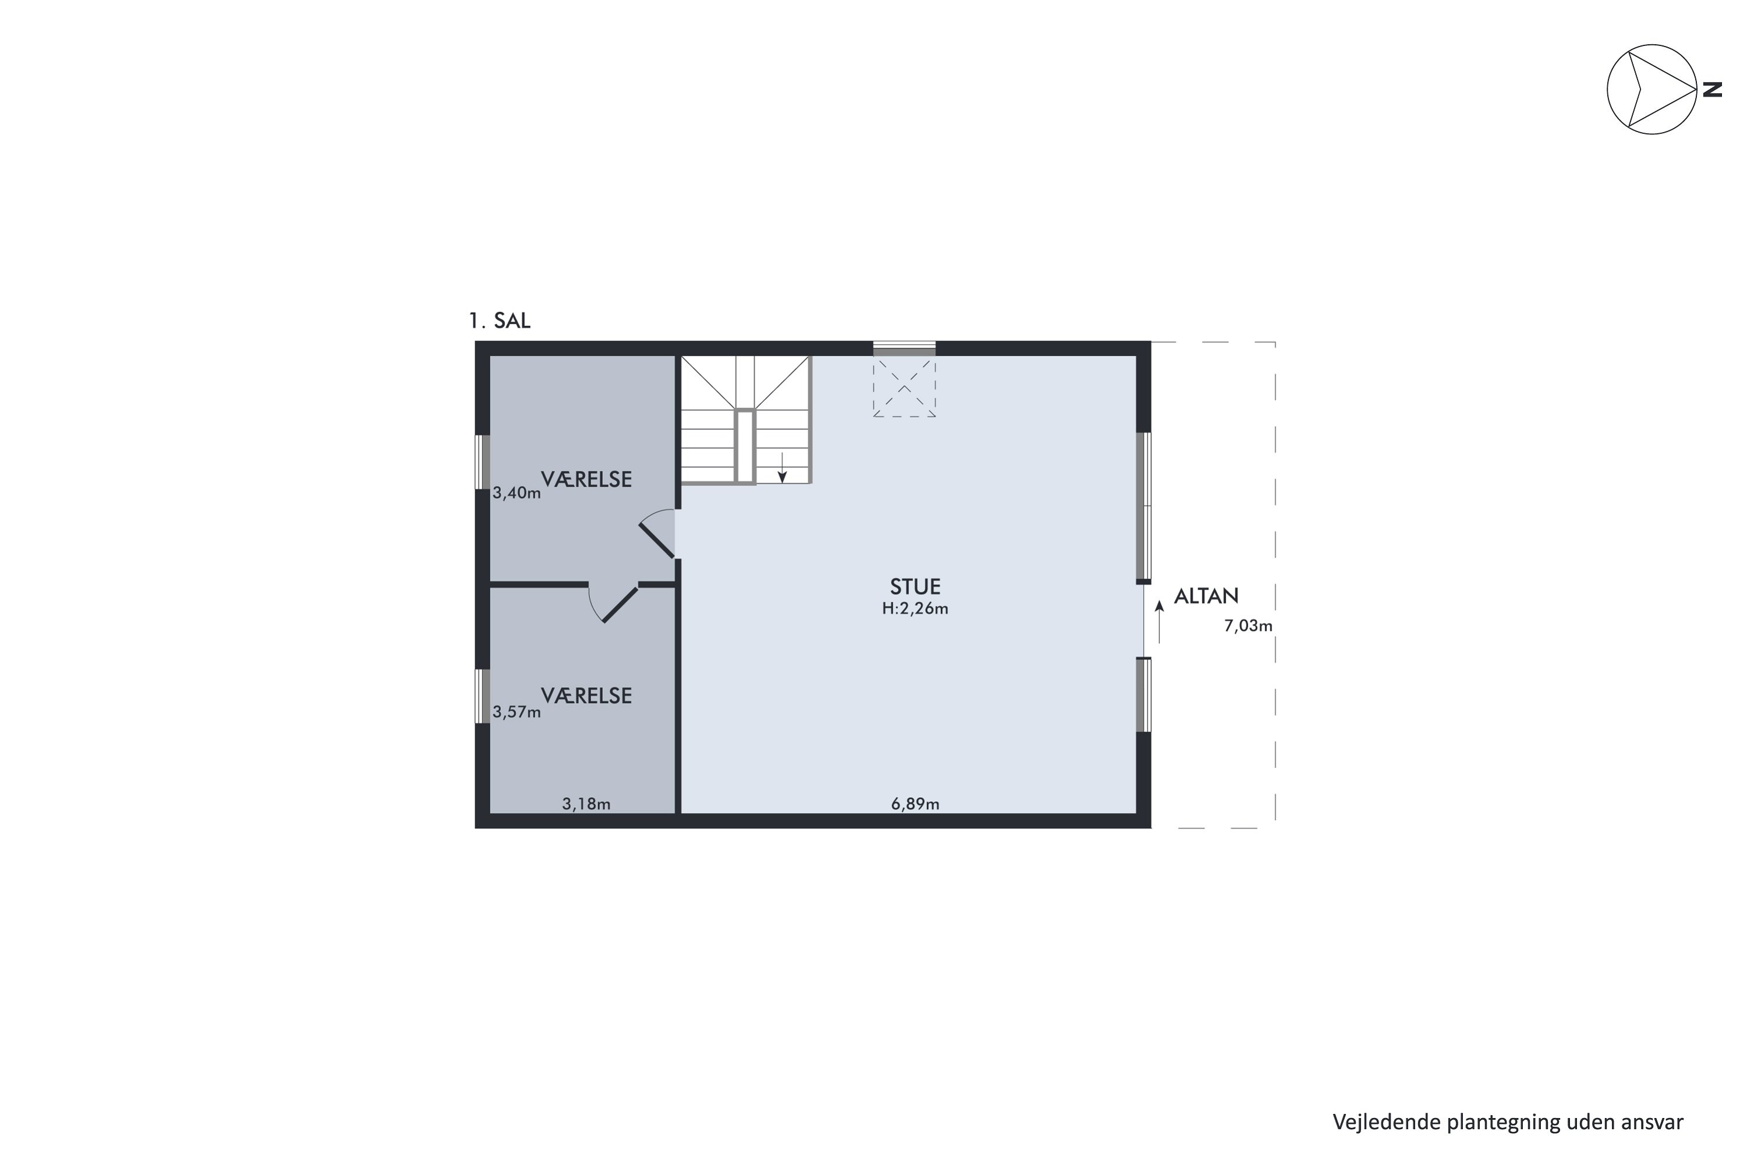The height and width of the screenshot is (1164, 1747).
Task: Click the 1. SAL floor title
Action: pos(499,321)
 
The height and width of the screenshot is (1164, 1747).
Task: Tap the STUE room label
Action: pos(915,587)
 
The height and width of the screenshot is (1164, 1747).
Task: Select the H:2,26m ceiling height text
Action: pos(915,609)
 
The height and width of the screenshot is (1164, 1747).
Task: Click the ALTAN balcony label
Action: pos(1206,596)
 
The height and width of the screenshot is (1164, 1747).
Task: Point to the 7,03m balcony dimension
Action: pos(1248,626)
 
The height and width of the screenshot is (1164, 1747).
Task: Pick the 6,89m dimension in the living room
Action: pos(915,804)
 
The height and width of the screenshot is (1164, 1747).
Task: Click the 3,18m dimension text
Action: pos(586,804)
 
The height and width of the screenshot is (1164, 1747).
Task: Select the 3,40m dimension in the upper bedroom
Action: pos(516,493)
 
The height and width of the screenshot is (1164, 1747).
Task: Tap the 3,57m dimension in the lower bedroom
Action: pos(516,712)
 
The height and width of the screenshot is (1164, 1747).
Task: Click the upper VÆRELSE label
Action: pos(586,480)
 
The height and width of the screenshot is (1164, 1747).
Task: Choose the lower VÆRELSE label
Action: pos(586,695)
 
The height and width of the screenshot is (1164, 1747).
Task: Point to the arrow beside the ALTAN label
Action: pos(1159,622)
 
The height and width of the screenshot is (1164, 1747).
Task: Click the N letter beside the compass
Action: pos(1712,90)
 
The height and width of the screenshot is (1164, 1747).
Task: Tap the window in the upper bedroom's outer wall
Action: pos(482,462)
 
